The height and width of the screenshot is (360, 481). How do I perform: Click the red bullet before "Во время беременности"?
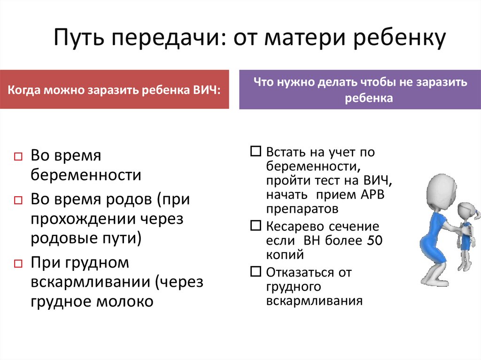tap(18, 157)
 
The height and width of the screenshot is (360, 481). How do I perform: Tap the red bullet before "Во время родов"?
tap(18, 200)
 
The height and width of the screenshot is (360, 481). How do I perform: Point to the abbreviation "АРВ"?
tap(372, 195)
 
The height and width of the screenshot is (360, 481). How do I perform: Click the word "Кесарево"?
tap(290, 227)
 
